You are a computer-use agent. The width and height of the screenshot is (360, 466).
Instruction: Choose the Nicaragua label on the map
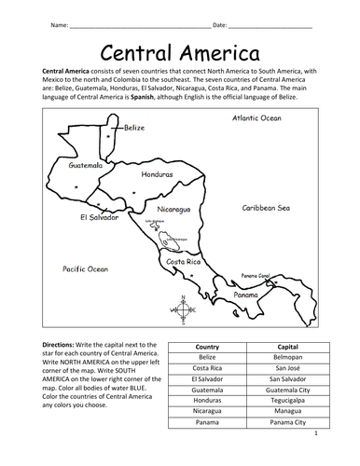(174, 210)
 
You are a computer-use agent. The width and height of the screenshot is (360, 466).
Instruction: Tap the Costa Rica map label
(184, 262)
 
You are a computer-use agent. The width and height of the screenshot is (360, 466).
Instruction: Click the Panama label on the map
(245, 295)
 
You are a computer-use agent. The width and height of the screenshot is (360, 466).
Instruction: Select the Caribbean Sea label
(268, 210)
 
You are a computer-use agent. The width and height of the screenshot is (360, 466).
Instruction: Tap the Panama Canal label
(256, 276)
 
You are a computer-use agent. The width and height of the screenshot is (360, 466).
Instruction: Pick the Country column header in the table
(207, 346)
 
